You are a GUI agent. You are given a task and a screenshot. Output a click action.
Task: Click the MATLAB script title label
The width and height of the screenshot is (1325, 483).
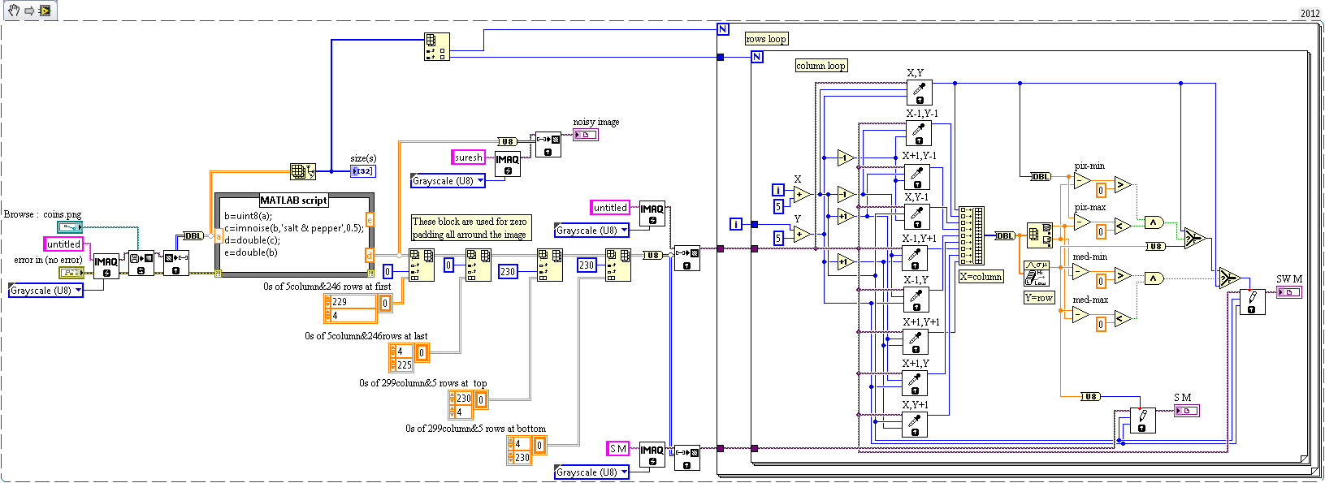tap(293, 201)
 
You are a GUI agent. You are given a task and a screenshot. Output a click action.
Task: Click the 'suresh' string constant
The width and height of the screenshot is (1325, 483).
tap(468, 157)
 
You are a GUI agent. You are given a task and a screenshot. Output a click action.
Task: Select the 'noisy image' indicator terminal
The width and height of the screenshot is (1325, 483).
tap(586, 135)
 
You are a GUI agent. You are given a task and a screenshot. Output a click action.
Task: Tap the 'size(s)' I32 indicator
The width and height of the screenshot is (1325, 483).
tap(362, 171)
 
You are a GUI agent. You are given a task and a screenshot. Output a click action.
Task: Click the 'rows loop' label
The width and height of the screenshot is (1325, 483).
tap(766, 39)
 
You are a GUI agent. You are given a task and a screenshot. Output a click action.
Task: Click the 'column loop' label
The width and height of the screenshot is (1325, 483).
tap(821, 66)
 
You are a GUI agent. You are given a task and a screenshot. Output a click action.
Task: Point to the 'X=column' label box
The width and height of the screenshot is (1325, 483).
tap(981, 277)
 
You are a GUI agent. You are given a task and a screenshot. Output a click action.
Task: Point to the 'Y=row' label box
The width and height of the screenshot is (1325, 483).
tap(1039, 298)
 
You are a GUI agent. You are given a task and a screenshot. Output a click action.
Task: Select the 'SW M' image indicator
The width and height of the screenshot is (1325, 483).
tap(1288, 292)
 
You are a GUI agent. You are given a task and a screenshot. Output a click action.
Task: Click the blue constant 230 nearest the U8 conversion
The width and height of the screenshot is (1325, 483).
tap(587, 265)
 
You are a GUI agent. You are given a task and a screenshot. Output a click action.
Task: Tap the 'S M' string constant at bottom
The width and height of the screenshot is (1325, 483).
tap(618, 449)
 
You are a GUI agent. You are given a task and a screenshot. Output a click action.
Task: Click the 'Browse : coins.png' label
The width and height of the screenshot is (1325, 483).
tap(42, 214)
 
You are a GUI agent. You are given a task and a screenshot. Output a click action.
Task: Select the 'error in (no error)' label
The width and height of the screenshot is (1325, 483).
tap(48, 260)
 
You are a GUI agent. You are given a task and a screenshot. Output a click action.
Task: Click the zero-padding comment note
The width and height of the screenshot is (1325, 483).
tap(470, 228)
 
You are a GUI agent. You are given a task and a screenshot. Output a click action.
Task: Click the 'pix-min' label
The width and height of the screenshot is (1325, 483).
tap(1089, 166)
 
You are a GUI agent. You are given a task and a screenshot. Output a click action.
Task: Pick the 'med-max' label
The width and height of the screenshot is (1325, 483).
tap(1089, 300)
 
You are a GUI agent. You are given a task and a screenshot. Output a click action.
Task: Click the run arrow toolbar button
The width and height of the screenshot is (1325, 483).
tap(29, 11)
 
